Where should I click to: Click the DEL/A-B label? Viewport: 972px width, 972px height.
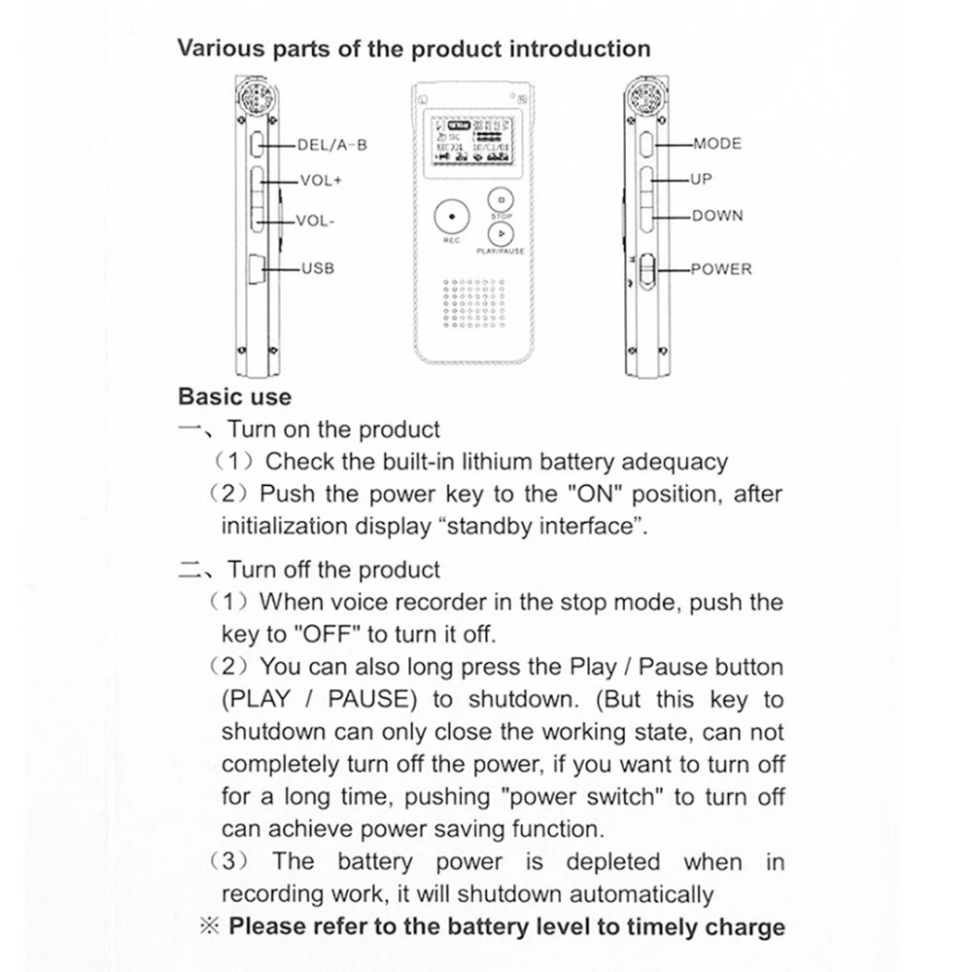tap(331, 145)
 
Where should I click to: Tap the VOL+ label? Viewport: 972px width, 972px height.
tap(321, 181)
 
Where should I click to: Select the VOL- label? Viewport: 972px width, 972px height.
tap(316, 221)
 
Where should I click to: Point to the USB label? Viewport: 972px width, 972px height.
tap(317, 267)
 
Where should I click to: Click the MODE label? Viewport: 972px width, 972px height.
tap(717, 144)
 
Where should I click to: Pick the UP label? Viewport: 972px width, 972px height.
tap(701, 180)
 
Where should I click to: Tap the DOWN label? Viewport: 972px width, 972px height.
tap(717, 216)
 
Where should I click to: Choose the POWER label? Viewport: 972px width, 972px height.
tap(721, 269)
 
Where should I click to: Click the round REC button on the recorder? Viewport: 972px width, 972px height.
tap(451, 213)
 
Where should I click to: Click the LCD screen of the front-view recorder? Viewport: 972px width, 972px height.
tap(472, 140)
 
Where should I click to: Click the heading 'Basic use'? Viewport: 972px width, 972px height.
tap(234, 397)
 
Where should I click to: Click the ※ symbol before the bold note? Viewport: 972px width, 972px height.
tap(210, 925)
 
